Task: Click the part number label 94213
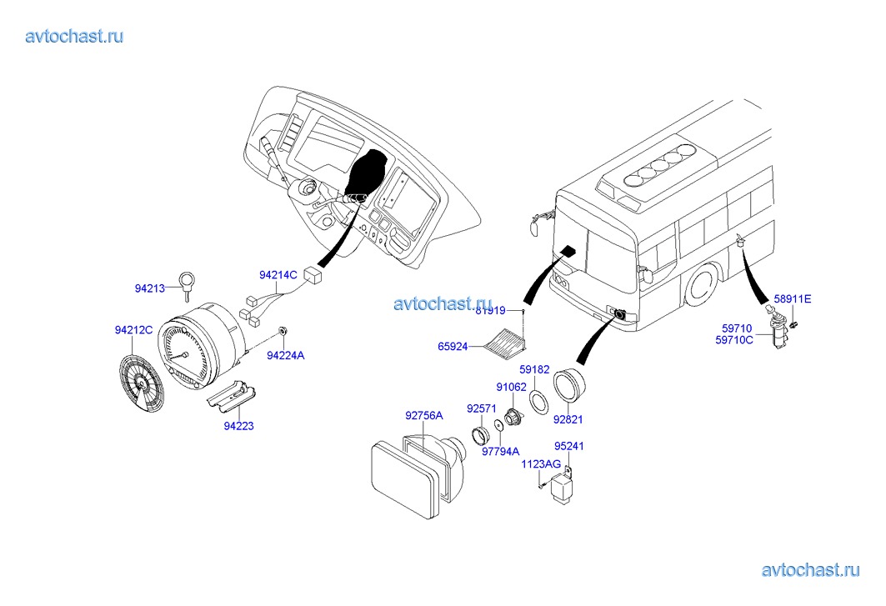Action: pyautogui.click(x=150, y=288)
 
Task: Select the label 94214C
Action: pyautogui.click(x=278, y=274)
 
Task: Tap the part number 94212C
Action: pyautogui.click(x=133, y=330)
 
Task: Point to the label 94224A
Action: pyautogui.click(x=286, y=355)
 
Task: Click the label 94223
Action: pyautogui.click(x=238, y=426)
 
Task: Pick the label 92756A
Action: pyautogui.click(x=424, y=414)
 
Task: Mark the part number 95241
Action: pyautogui.click(x=570, y=446)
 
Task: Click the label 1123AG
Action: pyautogui.click(x=541, y=464)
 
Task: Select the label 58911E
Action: pyautogui.click(x=792, y=298)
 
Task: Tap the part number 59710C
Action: pyautogui.click(x=734, y=339)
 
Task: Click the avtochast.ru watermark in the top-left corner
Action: pyautogui.click(x=75, y=36)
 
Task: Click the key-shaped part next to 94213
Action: pyautogui.click(x=187, y=283)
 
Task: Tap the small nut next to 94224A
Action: pyautogui.click(x=283, y=332)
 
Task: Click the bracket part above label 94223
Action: pyautogui.click(x=231, y=394)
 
